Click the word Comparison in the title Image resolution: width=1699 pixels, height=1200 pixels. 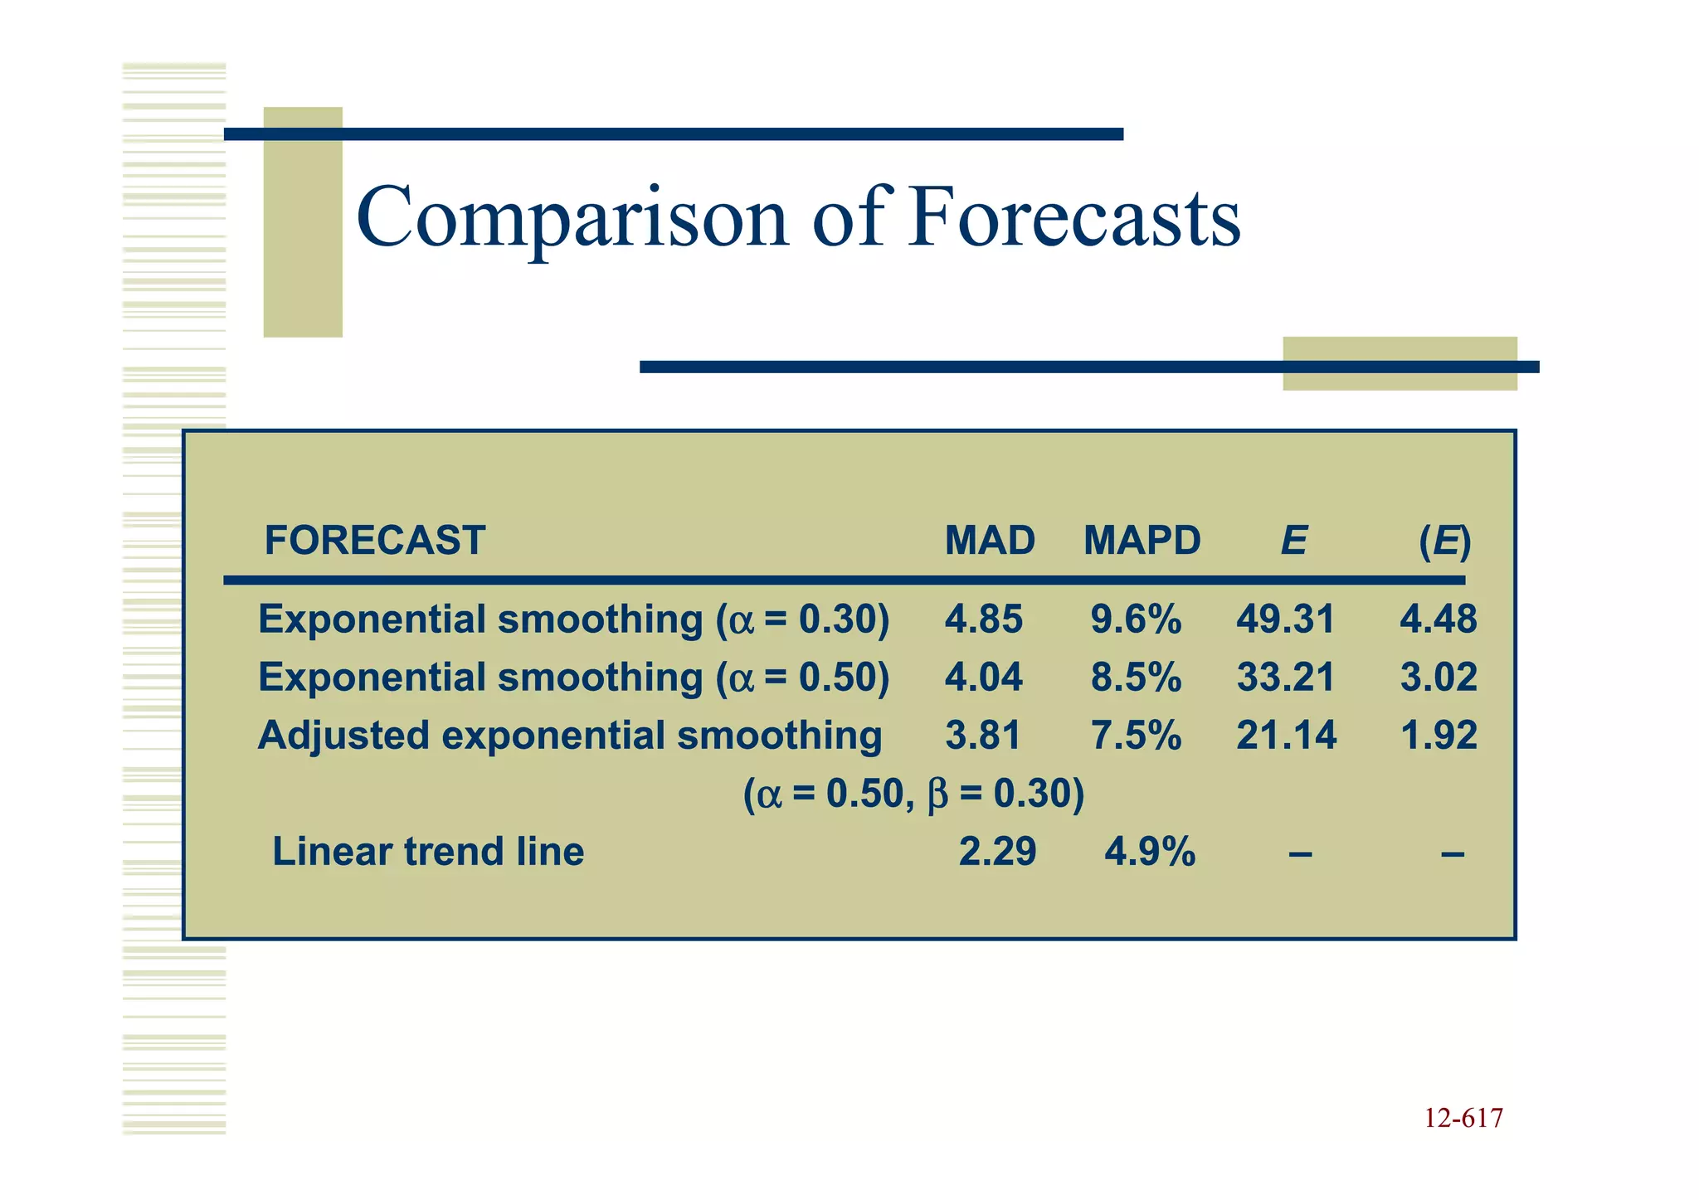pyautogui.click(x=572, y=217)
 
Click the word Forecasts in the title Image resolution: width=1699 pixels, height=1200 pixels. pyautogui.click(x=1073, y=217)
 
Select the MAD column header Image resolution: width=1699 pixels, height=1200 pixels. pyautogui.click(x=990, y=541)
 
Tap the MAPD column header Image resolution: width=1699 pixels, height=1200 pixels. pyautogui.click(x=1142, y=541)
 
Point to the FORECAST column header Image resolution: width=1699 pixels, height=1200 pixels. pyautogui.click(x=374, y=541)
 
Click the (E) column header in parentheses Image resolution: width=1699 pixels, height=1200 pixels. pyautogui.click(x=1444, y=542)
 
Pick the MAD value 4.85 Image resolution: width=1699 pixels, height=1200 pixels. pyautogui.click(x=984, y=619)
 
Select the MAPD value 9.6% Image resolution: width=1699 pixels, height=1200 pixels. pyautogui.click(x=1136, y=619)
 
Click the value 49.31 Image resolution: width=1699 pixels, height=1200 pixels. pyautogui.click(x=1285, y=619)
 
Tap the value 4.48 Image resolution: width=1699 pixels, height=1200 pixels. pyautogui.click(x=1439, y=619)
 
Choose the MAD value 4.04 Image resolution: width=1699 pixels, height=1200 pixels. pyautogui.click(x=984, y=678)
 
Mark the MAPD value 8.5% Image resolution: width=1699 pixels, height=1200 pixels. pyautogui.click(x=1136, y=678)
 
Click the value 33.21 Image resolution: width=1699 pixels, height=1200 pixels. pyautogui.click(x=1285, y=678)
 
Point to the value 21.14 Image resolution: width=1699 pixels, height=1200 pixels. pyautogui.click(x=1286, y=736)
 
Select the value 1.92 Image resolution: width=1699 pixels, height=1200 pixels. pyautogui.click(x=1439, y=736)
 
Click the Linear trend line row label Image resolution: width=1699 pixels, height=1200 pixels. pyautogui.click(x=428, y=852)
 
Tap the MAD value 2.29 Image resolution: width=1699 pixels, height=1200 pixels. pyautogui.click(x=997, y=852)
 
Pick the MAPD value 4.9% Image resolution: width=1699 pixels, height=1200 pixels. pyautogui.click(x=1150, y=852)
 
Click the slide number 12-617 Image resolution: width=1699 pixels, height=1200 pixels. pyautogui.click(x=1463, y=1119)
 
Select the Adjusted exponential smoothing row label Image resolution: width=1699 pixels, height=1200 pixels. pyautogui.click(x=570, y=736)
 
